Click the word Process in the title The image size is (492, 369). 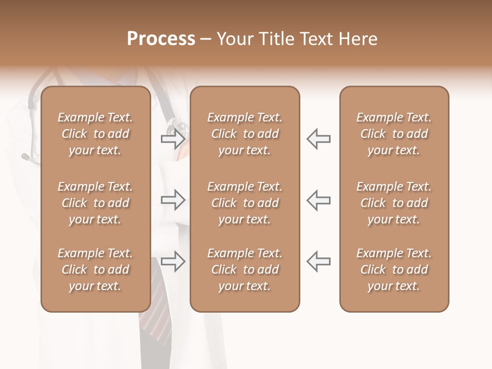pos(161,39)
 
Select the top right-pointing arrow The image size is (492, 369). pos(173,138)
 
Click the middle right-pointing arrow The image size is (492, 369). pos(173,200)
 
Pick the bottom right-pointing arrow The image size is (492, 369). pos(173,261)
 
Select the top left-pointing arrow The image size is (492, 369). pos(318,138)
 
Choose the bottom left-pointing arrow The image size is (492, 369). pos(318,261)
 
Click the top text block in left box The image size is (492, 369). pos(95,134)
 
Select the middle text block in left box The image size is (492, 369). pos(95,203)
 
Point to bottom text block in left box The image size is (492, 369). pos(95,270)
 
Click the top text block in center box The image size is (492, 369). pos(244,134)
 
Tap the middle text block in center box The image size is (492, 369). pos(244,203)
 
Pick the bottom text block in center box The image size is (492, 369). pos(244,270)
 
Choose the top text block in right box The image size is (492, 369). pos(394,134)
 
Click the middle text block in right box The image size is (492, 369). pos(394,203)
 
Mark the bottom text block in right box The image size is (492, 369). pos(394,270)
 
